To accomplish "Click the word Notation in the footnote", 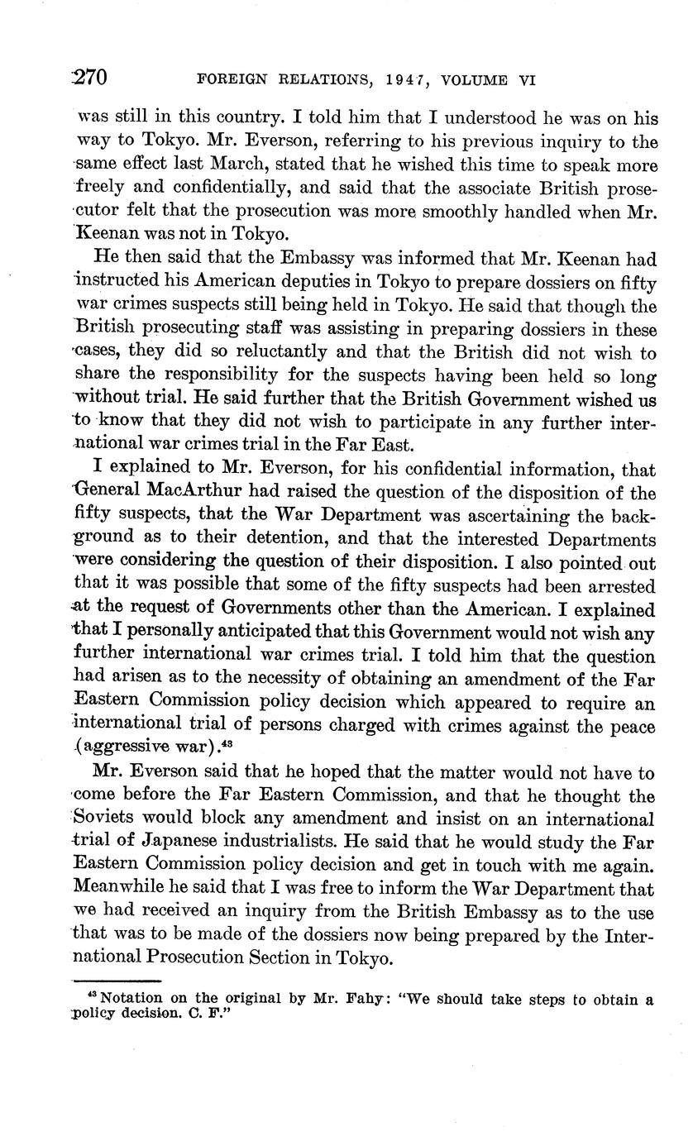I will (x=128, y=998).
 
